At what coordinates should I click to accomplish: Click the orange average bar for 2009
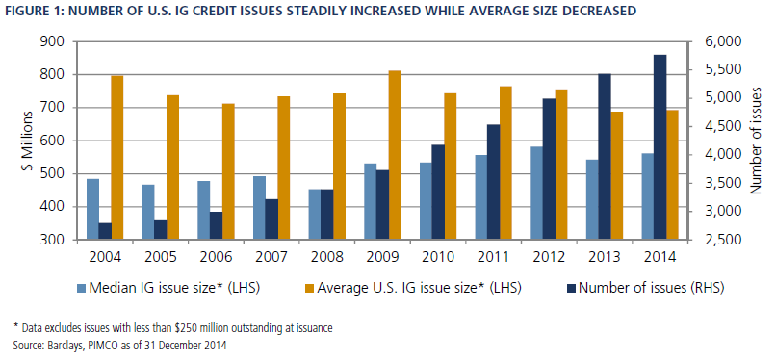pos(395,155)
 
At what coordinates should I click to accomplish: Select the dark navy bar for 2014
pos(660,147)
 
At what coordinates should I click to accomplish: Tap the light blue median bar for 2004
pos(92,210)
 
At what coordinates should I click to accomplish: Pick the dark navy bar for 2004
pos(105,231)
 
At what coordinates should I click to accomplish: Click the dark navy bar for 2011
pos(493,183)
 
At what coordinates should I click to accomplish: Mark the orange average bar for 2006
pos(228,172)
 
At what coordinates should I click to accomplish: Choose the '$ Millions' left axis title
pos(26,141)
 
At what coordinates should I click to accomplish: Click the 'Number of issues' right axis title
pos(755,141)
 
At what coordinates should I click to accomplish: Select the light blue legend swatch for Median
pos(82,288)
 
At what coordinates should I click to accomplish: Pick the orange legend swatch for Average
pos(310,288)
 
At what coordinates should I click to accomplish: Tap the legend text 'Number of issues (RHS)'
pos(651,288)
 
